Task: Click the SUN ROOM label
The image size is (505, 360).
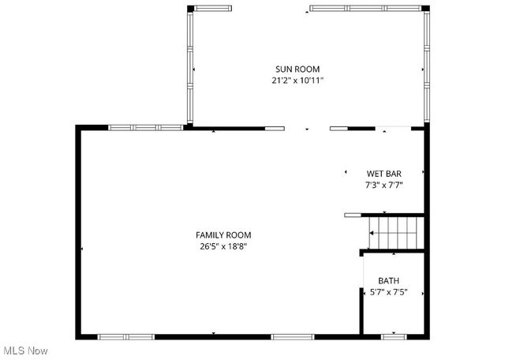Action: pyautogui.click(x=297, y=69)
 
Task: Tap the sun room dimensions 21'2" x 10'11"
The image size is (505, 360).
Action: pyautogui.click(x=297, y=81)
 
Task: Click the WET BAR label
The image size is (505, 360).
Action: pyautogui.click(x=384, y=174)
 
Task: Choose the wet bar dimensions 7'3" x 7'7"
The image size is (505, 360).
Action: pyautogui.click(x=384, y=186)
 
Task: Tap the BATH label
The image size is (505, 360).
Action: pyautogui.click(x=388, y=280)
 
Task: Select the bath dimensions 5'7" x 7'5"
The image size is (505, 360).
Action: pyautogui.click(x=388, y=292)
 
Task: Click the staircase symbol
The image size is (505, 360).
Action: pyautogui.click(x=393, y=232)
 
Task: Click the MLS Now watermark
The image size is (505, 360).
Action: pyautogui.click(x=24, y=351)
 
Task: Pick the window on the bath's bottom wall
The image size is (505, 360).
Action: pyautogui.click(x=393, y=337)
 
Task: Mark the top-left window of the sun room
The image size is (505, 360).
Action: pyautogui.click(x=214, y=9)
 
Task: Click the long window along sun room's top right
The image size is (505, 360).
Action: pyautogui.click(x=365, y=9)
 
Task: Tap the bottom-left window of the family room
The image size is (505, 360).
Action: pyautogui.click(x=125, y=337)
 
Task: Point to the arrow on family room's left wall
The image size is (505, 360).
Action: pyautogui.click(x=82, y=249)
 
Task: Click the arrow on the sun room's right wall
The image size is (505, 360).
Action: pyautogui.click(x=422, y=69)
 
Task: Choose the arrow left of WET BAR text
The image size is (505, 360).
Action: pyautogui.click(x=346, y=171)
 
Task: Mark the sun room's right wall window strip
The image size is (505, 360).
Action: pyautogui.click(x=426, y=68)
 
